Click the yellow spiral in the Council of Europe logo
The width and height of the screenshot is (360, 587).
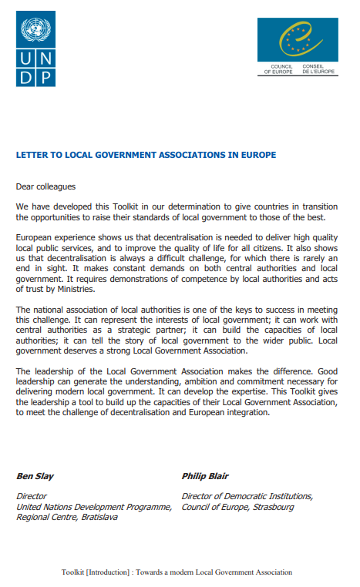tap(298, 39)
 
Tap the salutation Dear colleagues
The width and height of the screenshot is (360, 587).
tap(46, 186)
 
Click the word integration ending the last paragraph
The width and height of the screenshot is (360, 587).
tap(244, 412)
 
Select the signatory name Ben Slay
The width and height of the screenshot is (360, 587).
tap(35, 475)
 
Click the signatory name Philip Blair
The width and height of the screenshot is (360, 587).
tap(205, 475)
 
